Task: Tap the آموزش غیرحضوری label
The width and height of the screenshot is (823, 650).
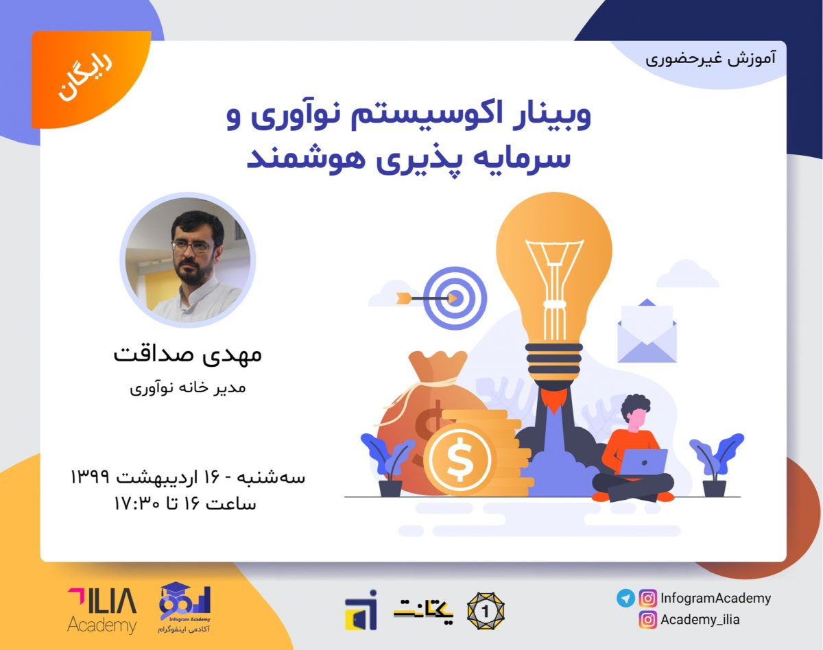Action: (711, 58)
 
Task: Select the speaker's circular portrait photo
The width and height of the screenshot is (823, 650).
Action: (187, 259)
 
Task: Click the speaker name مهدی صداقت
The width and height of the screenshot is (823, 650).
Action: (187, 355)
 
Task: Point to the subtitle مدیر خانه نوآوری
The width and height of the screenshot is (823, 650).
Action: (187, 388)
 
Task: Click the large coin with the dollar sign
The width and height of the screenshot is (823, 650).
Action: (457, 459)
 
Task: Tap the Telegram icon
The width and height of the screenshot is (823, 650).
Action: (625, 598)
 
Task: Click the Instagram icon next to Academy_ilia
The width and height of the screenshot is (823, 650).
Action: (647, 620)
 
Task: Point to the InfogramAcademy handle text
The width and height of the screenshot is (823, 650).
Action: (715, 598)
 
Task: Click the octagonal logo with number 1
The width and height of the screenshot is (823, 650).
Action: (486, 610)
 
